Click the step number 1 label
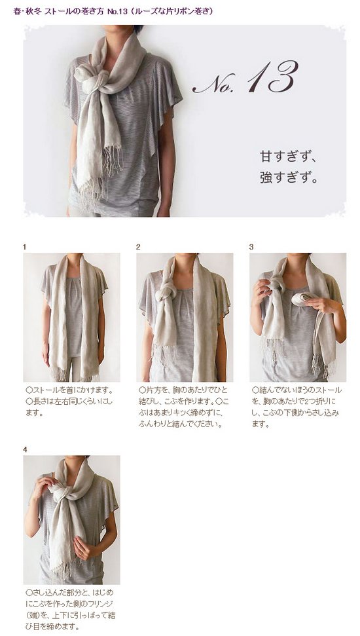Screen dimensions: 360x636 (x=25, y=247)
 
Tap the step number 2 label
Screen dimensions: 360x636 (x=138, y=247)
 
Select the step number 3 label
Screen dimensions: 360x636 (x=251, y=247)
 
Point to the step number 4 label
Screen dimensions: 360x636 (x=25, y=449)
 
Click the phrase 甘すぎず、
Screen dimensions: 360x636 (x=288, y=157)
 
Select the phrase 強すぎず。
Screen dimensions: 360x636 (x=288, y=178)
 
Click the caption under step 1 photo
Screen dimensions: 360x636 (x=69, y=402)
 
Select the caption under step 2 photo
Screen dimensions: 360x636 (x=184, y=407)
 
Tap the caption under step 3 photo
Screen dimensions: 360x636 (x=297, y=407)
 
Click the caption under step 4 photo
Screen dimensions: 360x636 (x=70, y=609)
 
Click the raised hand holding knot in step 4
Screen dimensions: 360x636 (x=45, y=484)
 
